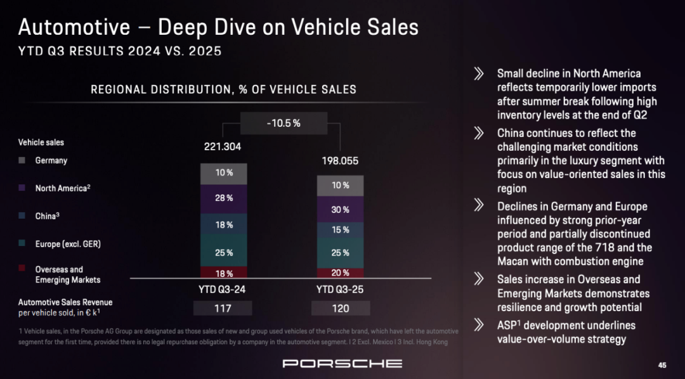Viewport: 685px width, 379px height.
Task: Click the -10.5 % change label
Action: point(284,123)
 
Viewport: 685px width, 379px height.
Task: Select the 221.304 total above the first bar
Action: point(223,146)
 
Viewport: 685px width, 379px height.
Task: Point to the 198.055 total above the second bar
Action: point(340,161)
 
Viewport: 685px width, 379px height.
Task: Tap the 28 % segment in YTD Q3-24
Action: point(223,198)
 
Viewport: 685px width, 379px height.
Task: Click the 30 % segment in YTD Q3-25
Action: point(341,209)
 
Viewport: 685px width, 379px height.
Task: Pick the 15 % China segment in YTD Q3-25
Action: point(341,230)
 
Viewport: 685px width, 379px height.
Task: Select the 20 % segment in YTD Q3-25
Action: point(341,273)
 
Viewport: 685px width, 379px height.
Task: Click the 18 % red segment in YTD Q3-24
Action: point(223,274)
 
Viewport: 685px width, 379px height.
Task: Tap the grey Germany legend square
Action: point(22,161)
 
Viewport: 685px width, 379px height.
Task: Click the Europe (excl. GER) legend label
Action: point(68,244)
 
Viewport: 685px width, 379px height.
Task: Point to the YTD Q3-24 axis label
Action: point(223,289)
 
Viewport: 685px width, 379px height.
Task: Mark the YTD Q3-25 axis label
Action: point(341,289)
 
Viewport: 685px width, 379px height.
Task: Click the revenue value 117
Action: point(223,309)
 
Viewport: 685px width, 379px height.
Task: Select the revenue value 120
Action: point(341,309)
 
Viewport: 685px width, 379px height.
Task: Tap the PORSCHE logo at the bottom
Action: point(342,363)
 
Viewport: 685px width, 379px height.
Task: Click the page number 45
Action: point(662,365)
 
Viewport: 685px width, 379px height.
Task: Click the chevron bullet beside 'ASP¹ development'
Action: point(480,325)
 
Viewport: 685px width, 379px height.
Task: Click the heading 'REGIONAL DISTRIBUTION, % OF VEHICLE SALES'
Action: point(223,89)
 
